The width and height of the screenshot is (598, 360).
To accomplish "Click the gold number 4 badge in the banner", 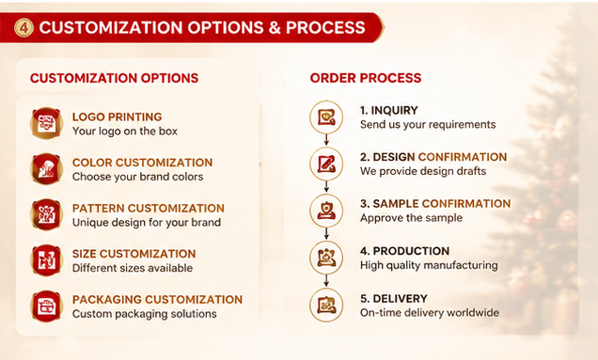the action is [x=24, y=28].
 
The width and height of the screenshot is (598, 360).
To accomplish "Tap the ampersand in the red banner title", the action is [x=275, y=27].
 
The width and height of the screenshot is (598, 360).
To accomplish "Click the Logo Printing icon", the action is [x=46, y=123].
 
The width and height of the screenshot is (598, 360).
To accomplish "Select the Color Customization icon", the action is [x=46, y=169].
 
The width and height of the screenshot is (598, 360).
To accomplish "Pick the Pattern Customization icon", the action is [x=46, y=214].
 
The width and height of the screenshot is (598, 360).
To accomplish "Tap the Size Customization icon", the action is [x=46, y=260].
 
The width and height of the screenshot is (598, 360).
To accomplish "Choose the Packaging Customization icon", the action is [x=46, y=305].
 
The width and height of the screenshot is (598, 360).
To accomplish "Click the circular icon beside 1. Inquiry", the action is [x=326, y=117].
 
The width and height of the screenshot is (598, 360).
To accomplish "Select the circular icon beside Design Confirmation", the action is [x=326, y=164].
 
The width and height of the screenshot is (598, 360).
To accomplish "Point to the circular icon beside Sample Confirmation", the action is [x=326, y=211].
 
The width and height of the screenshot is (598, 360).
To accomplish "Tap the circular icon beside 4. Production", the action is [x=326, y=258].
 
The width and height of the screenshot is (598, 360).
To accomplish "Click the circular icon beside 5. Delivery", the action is [x=326, y=305].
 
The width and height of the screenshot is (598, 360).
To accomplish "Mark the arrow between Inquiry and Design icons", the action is [x=326, y=140].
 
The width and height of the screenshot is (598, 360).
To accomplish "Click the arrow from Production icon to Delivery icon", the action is [x=326, y=281].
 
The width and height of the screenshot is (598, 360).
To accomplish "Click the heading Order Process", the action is [x=366, y=78].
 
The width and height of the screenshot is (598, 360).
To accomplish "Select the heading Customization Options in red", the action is [x=114, y=78].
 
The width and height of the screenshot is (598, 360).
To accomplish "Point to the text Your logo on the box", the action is [x=125, y=132].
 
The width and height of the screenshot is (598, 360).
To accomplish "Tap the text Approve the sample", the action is [x=411, y=218].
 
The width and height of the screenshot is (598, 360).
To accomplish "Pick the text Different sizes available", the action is [x=133, y=268].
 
